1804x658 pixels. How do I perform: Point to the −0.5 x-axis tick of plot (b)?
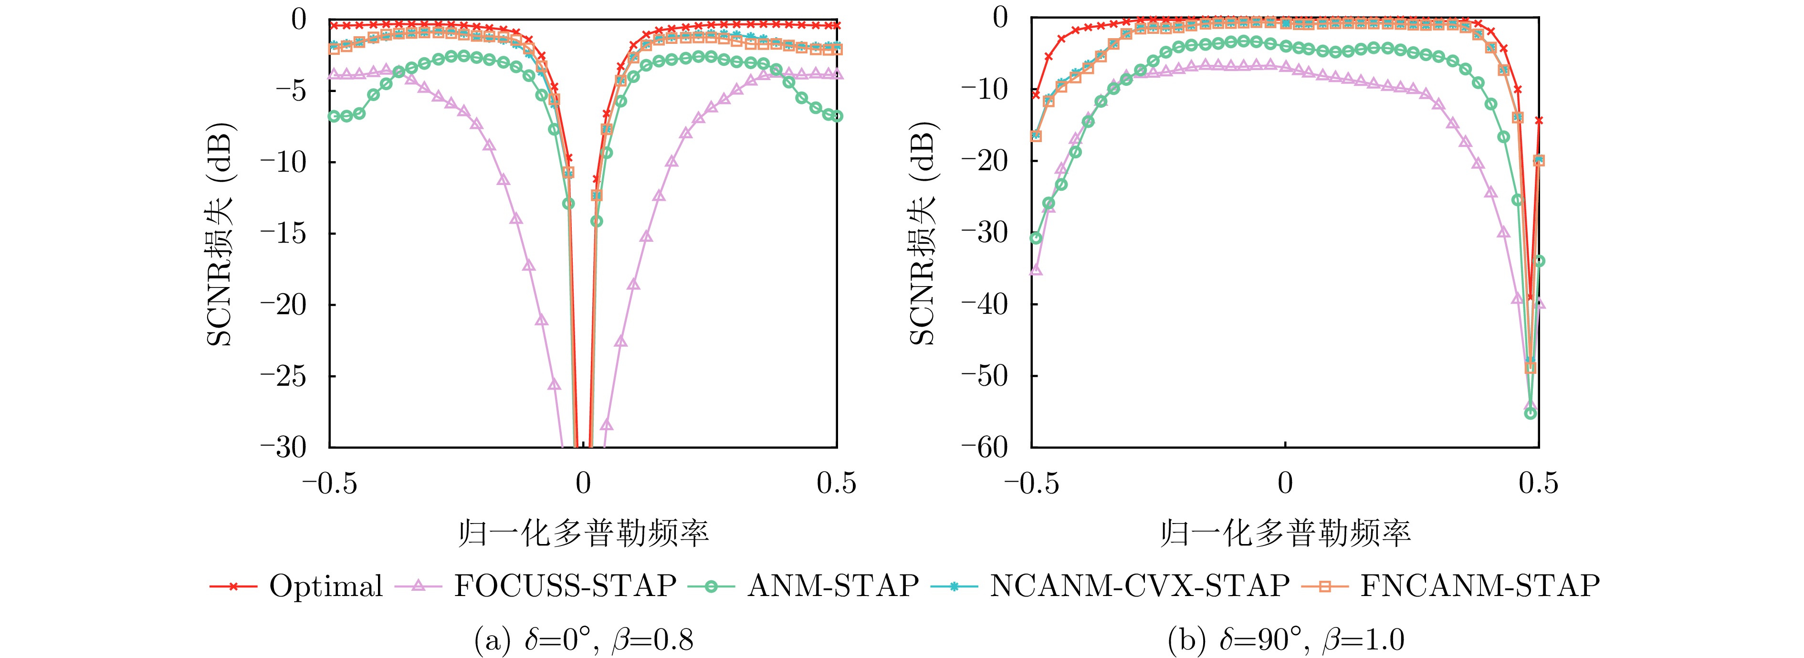click(x=1031, y=483)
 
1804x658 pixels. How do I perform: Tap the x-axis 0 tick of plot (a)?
click(x=583, y=483)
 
